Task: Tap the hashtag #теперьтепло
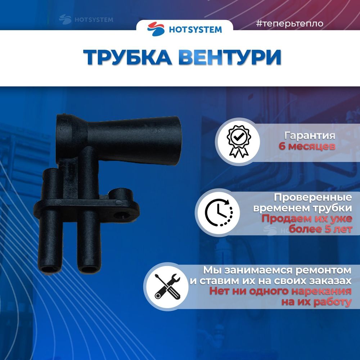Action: (289, 24)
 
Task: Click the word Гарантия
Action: (310, 136)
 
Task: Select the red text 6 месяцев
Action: (307, 147)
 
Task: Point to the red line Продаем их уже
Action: (306, 219)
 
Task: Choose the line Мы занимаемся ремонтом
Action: (277, 270)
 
